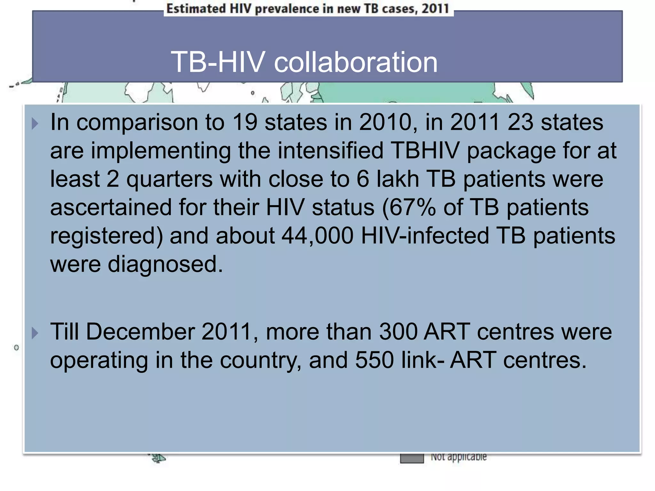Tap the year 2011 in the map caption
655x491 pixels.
click(x=435, y=9)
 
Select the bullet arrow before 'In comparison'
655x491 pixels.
click(x=35, y=123)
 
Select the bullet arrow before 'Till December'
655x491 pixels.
click(x=35, y=333)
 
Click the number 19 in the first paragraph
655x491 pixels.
click(x=245, y=122)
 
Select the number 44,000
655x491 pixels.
click(x=318, y=236)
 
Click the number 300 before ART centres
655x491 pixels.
click(x=398, y=331)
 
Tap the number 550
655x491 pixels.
click(x=375, y=360)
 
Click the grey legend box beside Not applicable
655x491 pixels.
click(x=412, y=458)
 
